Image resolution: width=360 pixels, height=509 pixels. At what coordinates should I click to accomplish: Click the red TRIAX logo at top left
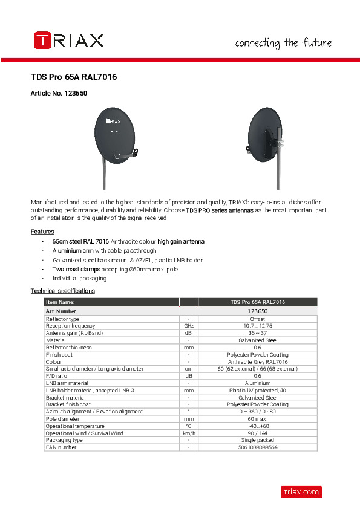68,41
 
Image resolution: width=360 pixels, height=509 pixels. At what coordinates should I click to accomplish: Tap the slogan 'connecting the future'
283,43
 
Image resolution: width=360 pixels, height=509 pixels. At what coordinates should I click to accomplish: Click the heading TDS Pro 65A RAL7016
73,77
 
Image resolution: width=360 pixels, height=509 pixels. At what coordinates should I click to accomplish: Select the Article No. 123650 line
59,94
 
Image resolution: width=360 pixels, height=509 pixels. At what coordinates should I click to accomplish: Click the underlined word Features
42,232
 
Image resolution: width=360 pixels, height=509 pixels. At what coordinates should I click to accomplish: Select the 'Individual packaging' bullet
79,279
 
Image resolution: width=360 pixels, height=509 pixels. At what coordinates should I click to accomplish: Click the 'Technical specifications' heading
63,291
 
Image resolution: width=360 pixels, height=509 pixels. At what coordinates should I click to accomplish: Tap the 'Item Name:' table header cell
61,302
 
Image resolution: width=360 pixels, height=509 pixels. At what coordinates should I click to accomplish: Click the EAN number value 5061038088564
258,447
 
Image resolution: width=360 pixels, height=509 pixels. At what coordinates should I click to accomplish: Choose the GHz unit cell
189,326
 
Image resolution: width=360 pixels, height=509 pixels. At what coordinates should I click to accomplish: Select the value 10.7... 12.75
258,326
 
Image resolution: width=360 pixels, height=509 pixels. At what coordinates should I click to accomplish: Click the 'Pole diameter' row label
62,418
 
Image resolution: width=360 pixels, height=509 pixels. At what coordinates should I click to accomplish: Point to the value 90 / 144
258,433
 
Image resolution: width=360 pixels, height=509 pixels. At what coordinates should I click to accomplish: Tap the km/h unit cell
189,433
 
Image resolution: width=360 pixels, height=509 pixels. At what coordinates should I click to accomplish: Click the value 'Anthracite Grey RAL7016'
258,361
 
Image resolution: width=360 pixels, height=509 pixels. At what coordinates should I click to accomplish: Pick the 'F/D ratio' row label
57,375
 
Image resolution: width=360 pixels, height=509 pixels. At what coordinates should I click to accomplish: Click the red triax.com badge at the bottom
301,492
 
